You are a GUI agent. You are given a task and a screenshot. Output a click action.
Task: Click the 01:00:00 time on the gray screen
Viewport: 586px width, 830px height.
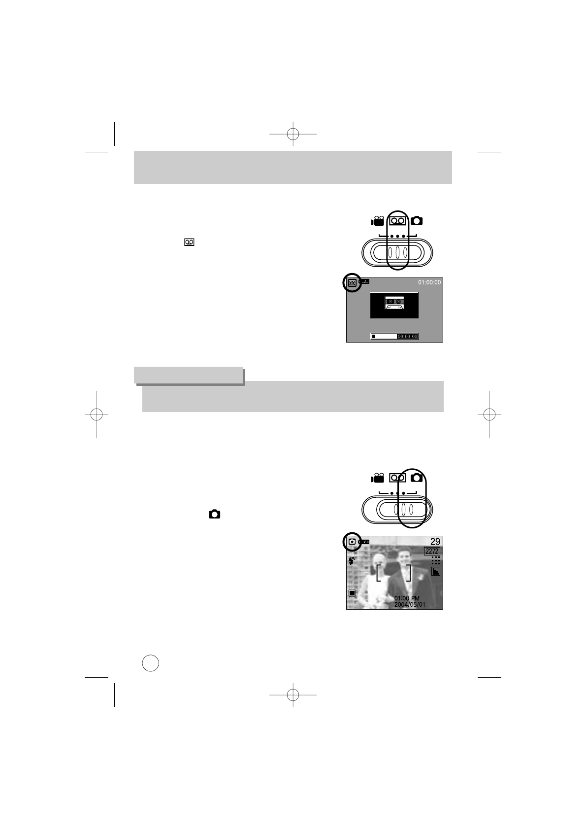coord(429,282)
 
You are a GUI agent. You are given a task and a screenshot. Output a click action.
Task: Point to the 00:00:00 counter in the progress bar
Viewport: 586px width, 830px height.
coord(408,336)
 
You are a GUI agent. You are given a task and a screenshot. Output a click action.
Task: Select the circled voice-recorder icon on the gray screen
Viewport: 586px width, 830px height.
coord(352,283)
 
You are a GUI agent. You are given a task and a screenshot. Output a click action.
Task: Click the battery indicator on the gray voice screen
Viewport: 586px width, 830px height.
coord(364,281)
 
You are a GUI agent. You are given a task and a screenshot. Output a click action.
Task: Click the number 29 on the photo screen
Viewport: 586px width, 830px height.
coord(435,542)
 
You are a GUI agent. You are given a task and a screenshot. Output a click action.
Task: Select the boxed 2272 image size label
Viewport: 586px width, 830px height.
coord(432,551)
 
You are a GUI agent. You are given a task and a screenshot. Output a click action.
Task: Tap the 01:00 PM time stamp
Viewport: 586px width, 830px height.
coord(407,598)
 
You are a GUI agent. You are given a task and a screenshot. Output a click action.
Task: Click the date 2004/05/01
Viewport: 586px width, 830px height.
coord(410,604)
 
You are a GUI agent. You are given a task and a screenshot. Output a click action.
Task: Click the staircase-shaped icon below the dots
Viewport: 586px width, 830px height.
coord(436,571)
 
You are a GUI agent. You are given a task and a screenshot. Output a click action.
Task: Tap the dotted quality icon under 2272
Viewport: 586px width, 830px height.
coord(436,561)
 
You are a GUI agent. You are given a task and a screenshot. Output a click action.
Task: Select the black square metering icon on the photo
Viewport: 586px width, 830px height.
coord(352,593)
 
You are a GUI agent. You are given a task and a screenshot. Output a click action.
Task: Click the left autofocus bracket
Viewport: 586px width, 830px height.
coord(378,573)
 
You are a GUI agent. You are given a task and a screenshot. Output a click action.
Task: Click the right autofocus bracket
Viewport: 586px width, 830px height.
coord(408,573)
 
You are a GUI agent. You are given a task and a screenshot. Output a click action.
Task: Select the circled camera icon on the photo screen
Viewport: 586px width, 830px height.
coord(352,542)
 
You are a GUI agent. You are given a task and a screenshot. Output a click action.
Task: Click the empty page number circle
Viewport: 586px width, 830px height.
coord(151,662)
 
